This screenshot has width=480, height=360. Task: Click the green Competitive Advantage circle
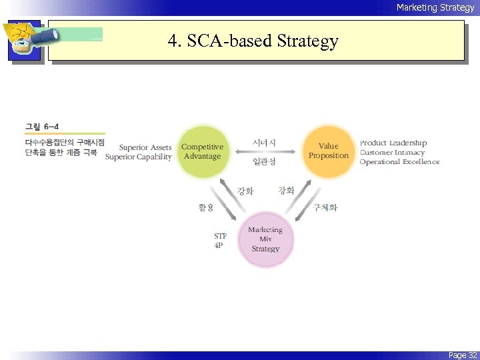point(202,151)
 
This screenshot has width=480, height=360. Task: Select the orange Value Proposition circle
point(328,151)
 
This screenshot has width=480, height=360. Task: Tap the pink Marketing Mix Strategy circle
point(265,239)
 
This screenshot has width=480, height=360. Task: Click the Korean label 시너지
point(264,142)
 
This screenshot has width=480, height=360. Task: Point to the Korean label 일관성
point(264,161)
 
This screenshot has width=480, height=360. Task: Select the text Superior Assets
point(145,147)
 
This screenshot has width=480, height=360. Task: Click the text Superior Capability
point(139,157)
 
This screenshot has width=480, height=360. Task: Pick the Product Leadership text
point(393,143)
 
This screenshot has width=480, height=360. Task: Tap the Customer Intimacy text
point(391,152)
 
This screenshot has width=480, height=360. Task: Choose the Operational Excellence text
point(399,162)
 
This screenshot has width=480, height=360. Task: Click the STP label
point(220,236)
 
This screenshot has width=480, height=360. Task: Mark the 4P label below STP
point(219,245)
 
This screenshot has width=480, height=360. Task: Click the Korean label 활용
point(206,207)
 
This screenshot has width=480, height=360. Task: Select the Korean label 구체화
point(325,207)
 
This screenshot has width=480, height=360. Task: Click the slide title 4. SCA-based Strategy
point(253,41)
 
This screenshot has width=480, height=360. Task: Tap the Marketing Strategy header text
point(435,7)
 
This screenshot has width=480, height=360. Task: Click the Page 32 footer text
point(462,355)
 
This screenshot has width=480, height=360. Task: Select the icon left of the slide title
point(25,41)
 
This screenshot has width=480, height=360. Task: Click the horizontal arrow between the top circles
point(264,152)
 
